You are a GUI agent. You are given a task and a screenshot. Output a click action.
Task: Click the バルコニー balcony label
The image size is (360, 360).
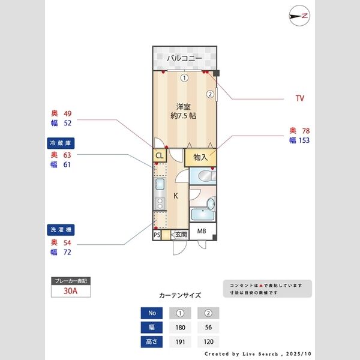point(184,58)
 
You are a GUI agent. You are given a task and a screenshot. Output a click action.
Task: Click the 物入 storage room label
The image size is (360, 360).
point(200,157)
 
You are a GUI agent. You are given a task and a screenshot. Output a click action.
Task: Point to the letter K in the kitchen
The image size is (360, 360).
point(176,196)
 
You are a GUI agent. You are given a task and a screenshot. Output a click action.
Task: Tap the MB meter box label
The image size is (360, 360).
point(202,232)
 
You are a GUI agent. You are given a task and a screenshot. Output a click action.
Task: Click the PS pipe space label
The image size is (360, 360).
point(157,235)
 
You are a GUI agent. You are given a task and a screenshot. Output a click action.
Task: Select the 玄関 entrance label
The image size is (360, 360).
point(181,235)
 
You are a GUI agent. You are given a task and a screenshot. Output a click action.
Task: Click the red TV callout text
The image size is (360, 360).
point(300,98)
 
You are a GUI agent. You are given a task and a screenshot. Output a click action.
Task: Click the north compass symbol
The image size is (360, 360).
point(298,16)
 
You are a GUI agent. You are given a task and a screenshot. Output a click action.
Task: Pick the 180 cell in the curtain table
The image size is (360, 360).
point(180,328)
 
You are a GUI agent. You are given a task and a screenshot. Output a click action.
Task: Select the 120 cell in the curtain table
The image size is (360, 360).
point(208,343)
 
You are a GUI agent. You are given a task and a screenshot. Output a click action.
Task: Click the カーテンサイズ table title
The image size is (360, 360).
point(180,295)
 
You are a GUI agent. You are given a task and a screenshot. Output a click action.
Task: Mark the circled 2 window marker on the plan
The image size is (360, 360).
point(210,94)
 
